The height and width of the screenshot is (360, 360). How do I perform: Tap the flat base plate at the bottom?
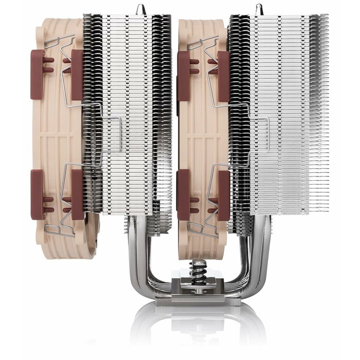(197, 297)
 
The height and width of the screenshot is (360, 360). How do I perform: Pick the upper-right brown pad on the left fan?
(77, 75)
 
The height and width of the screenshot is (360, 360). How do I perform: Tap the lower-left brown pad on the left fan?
(37, 194)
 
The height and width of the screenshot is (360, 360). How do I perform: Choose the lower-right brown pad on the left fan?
(77, 194)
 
